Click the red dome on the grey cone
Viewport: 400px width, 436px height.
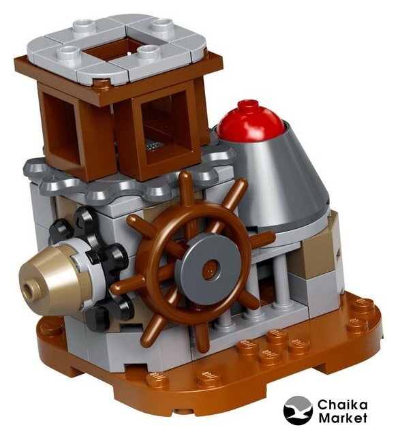[251, 121]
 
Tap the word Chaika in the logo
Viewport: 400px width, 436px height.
[343, 405]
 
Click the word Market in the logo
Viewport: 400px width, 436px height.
[343, 418]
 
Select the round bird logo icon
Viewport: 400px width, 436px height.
[298, 410]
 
